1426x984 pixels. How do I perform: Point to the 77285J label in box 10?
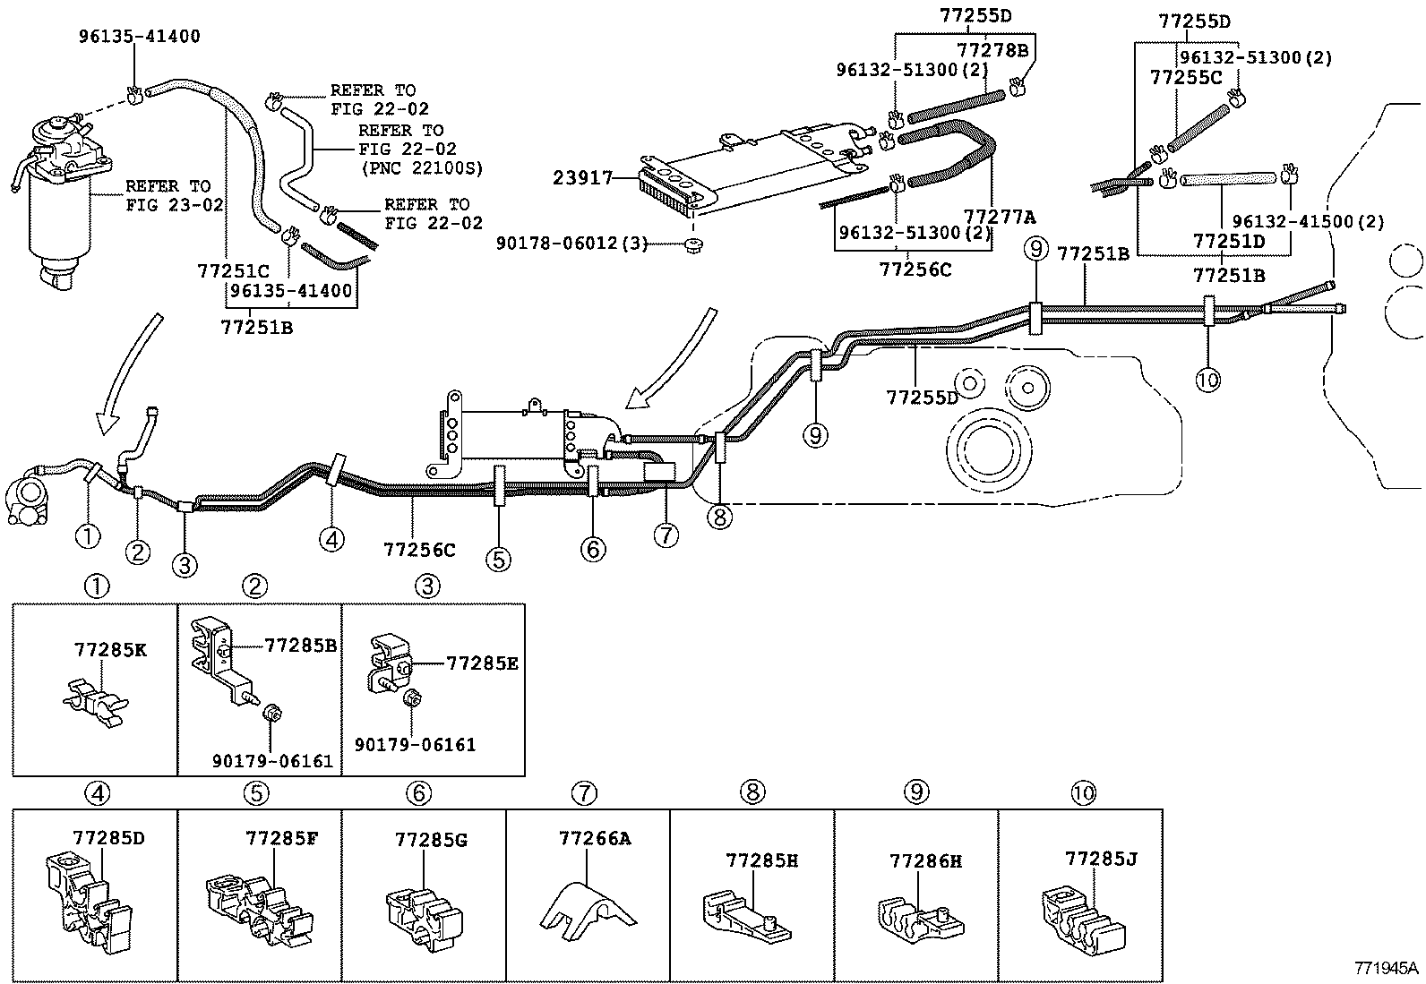(1101, 859)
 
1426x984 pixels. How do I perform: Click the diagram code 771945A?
(1386, 967)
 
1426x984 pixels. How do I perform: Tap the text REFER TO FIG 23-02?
(168, 195)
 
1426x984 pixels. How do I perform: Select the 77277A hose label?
(999, 216)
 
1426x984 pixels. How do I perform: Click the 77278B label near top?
(992, 49)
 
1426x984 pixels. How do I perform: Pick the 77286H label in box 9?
(925, 860)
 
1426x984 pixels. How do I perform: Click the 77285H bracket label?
(761, 860)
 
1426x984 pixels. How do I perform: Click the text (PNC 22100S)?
(420, 167)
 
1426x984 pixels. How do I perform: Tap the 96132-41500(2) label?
(1308, 221)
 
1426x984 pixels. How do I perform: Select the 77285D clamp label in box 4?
(108, 838)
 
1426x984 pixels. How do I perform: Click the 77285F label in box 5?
(281, 838)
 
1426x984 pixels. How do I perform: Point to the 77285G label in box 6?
(431, 840)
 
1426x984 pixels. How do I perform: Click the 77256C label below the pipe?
(418, 549)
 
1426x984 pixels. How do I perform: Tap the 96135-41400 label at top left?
(139, 37)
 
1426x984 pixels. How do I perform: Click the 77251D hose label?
(1228, 241)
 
